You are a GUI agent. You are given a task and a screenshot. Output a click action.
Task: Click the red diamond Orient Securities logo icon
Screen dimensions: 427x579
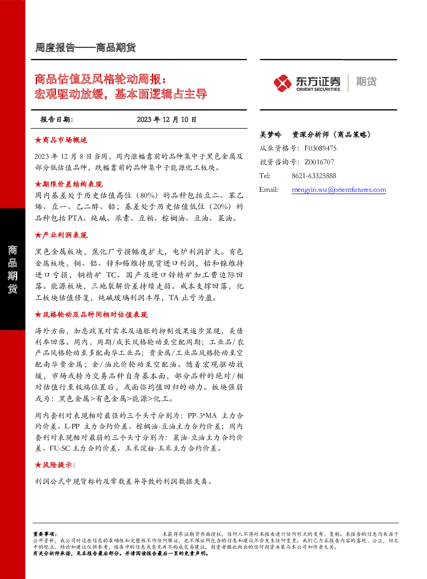tap(282, 83)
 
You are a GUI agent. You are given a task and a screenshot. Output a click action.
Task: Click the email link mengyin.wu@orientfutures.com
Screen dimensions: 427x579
tap(339, 190)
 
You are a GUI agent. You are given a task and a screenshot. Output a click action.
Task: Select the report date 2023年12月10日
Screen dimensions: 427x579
tap(167, 119)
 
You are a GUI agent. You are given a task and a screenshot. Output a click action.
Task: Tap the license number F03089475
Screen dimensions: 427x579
tap(320, 148)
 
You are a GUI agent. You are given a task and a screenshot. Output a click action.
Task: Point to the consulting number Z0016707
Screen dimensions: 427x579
tap(319, 162)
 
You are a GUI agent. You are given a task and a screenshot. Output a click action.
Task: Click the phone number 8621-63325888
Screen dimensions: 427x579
tap(314, 176)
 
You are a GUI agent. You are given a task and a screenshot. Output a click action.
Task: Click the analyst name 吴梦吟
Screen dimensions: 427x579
tap(270, 135)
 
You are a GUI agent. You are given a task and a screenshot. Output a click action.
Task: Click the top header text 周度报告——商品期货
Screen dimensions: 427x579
tap(86, 48)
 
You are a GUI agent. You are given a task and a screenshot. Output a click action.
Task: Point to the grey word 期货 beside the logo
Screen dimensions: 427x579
tap(366, 81)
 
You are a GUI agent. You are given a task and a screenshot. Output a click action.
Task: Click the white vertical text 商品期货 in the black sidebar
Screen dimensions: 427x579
tap(12, 270)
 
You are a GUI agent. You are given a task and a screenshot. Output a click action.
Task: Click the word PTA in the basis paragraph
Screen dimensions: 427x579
tap(75, 218)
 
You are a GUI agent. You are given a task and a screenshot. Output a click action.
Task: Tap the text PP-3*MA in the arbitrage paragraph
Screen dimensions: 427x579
tap(202, 416)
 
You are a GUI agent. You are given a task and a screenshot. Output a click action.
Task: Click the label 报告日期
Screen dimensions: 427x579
tap(57, 119)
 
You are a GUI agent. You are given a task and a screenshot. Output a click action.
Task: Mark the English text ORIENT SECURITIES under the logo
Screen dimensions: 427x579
tap(318, 89)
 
